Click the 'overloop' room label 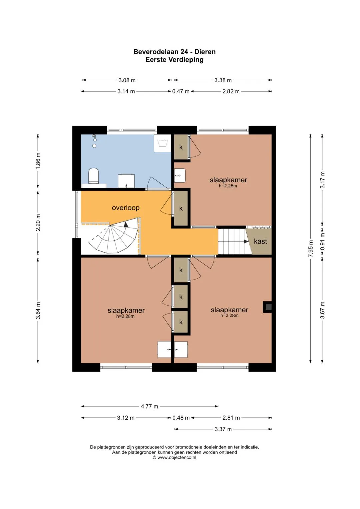pyautogui.click(x=125, y=208)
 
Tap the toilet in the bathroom pyautogui.click(x=94, y=176)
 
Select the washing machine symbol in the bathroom pyautogui.click(x=163, y=143)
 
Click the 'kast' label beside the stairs pyautogui.click(x=260, y=241)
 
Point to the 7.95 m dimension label pyautogui.click(x=311, y=249)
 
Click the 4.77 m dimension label pyautogui.click(x=149, y=406)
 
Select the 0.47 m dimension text pyautogui.click(x=181, y=91)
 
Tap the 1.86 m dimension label pyautogui.click(x=38, y=161)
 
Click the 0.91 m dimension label pyautogui.click(x=322, y=241)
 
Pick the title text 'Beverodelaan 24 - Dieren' pyautogui.click(x=174, y=52)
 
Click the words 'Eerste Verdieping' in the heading pyautogui.click(x=174, y=60)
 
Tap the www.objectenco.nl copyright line pyautogui.click(x=174, y=457)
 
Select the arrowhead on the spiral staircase pyautogui.click(x=126, y=224)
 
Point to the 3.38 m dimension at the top pyautogui.click(x=223, y=80)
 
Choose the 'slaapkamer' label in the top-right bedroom pyautogui.click(x=228, y=180)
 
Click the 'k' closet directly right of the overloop pyautogui.click(x=181, y=208)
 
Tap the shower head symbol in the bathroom pyautogui.click(x=94, y=138)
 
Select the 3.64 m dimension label pyautogui.click(x=38, y=310)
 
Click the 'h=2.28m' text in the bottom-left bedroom pyautogui.click(x=125, y=316)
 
